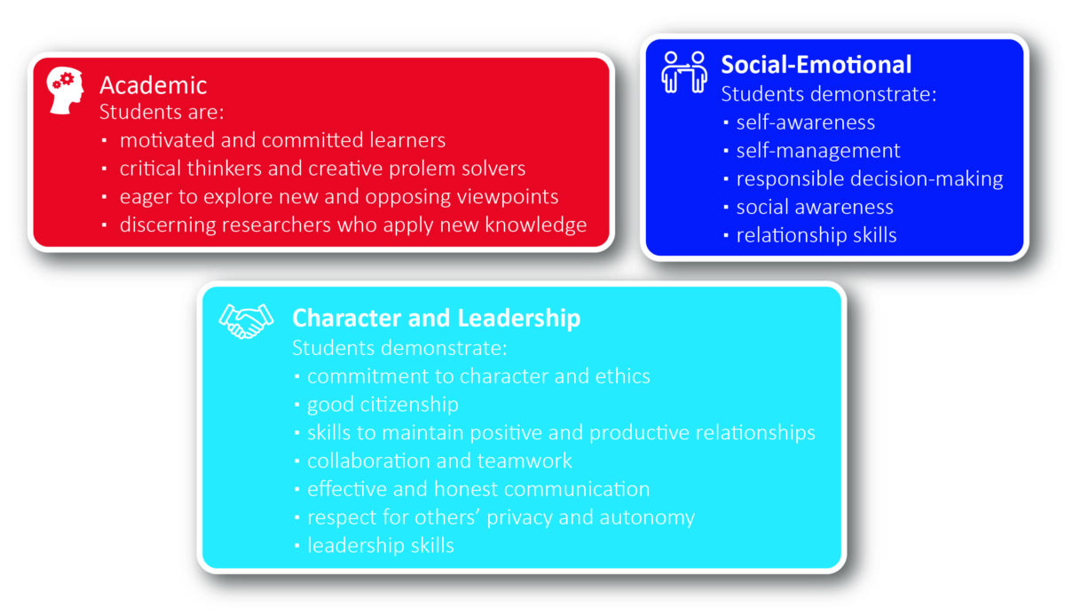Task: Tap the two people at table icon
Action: [684, 71]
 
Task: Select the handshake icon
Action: [246, 321]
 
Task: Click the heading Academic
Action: [153, 85]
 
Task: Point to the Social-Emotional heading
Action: [816, 65]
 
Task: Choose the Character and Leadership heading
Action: [436, 318]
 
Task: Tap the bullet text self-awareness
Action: [805, 122]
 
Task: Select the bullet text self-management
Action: [817, 151]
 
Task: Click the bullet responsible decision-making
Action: [869, 179]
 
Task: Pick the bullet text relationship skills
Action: [816, 235]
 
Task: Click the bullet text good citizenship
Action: [383, 405]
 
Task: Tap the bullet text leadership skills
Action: [380, 546]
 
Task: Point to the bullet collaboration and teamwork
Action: [439, 461]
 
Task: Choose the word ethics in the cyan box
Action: [622, 376]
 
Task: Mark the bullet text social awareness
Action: [814, 207]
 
